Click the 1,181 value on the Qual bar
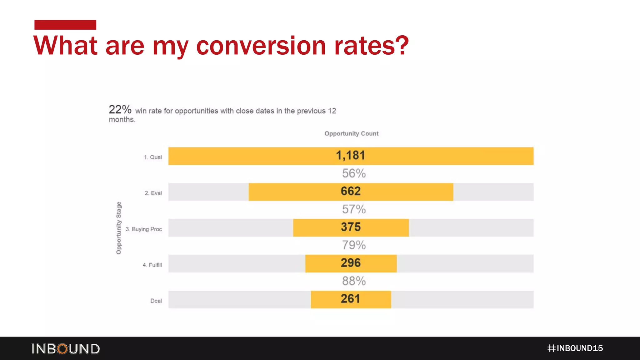350,156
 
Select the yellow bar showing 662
351,192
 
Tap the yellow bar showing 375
351,227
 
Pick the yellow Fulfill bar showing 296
351,263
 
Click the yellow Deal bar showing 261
351,299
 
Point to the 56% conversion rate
354,173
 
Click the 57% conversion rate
354,209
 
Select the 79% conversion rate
354,245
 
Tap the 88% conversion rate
354,281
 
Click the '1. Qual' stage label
153,157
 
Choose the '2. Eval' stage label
153,193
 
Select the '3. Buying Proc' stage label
144,229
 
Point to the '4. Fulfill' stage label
152,265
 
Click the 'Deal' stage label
156,301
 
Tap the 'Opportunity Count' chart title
351,134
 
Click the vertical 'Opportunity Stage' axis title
119,228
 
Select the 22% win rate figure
120,110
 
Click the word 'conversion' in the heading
261,46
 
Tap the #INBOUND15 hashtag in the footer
575,348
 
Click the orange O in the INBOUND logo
63,349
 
